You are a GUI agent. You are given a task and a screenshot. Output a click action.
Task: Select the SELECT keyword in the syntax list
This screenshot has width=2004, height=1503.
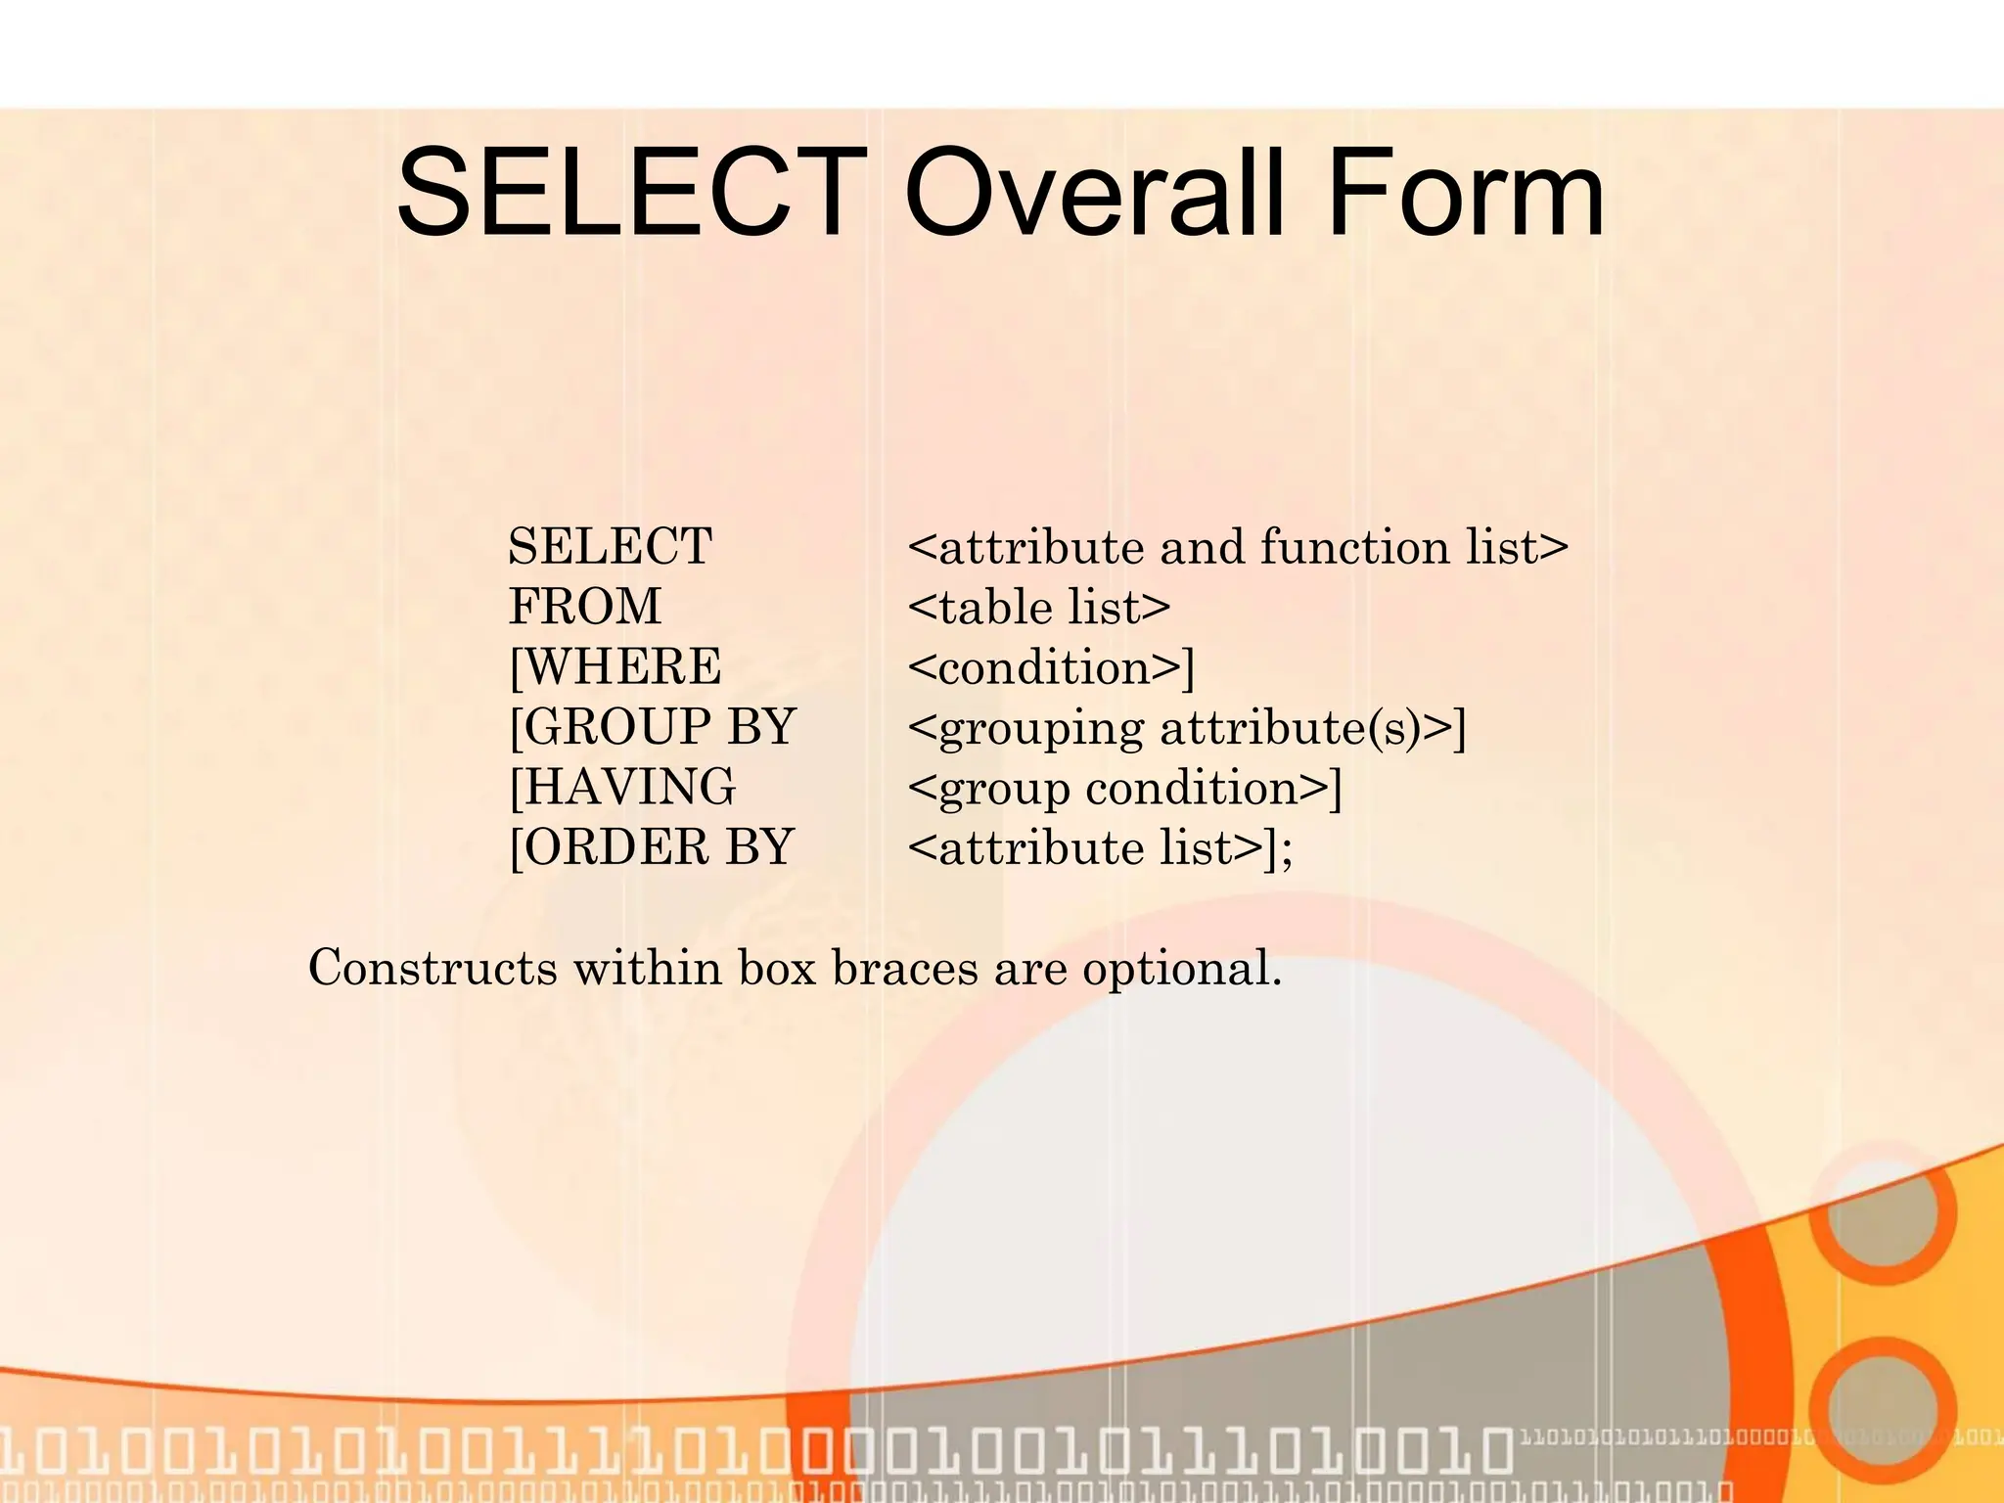(x=610, y=546)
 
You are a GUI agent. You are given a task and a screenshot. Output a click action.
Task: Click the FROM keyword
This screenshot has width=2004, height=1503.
(x=585, y=607)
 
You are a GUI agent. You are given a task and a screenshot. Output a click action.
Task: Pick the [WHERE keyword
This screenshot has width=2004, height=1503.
(x=615, y=667)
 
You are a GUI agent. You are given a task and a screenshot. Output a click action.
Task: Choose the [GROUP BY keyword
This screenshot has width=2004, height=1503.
(x=652, y=727)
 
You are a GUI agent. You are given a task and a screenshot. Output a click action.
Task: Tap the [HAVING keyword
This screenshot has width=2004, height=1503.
(x=622, y=787)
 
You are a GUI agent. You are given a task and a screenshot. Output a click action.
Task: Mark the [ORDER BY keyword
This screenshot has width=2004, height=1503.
(x=651, y=847)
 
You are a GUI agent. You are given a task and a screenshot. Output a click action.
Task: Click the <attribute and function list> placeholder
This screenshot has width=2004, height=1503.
(x=1238, y=546)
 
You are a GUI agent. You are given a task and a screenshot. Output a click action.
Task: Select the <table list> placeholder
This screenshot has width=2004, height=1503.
(x=1038, y=607)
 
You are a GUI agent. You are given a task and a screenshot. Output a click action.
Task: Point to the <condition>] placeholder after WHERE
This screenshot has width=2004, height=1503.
(x=1051, y=667)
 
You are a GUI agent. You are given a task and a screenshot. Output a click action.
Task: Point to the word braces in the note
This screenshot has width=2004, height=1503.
(x=905, y=968)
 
